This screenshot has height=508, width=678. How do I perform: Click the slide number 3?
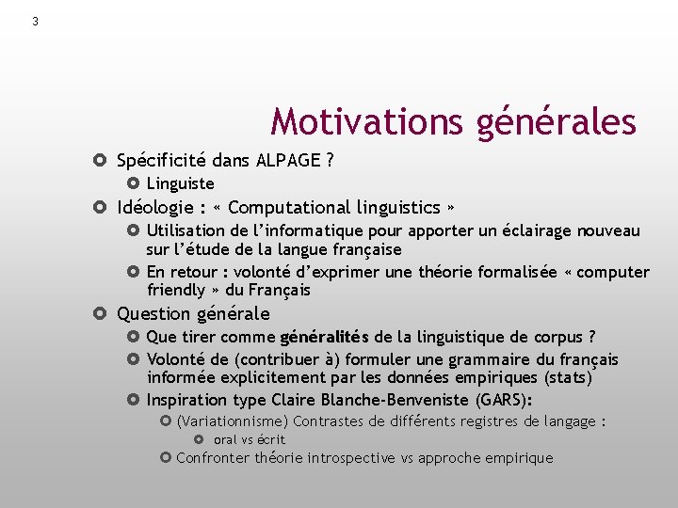(x=35, y=22)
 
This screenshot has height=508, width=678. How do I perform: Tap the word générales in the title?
(x=555, y=121)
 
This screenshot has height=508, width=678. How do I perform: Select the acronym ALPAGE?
(x=288, y=160)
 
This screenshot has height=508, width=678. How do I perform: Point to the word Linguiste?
(x=180, y=183)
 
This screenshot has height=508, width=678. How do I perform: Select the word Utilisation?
(x=186, y=230)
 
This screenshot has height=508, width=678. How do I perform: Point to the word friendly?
(x=176, y=290)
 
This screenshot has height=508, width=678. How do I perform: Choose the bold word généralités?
(x=324, y=337)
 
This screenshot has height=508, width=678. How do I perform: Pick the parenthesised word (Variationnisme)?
(x=233, y=421)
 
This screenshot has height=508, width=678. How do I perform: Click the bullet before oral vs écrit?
(x=199, y=439)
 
